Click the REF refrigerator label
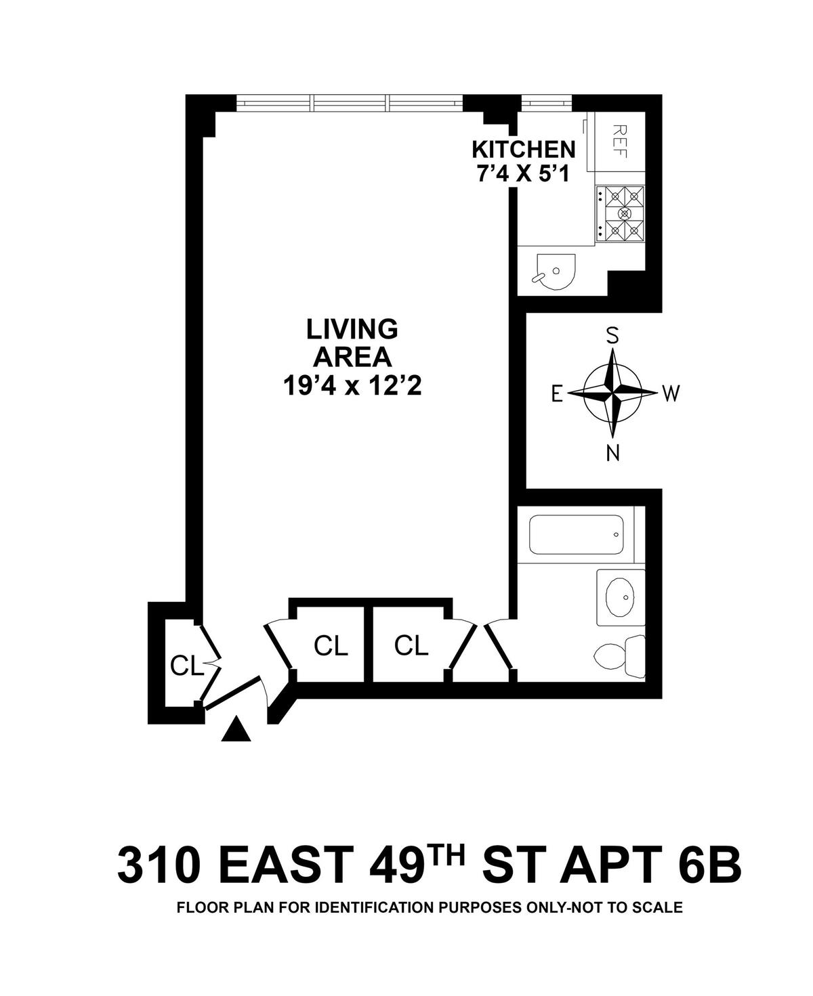(x=619, y=140)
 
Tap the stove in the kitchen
(x=620, y=213)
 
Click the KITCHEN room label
(x=523, y=149)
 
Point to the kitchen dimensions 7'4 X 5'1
(x=522, y=173)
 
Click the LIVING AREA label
(x=352, y=343)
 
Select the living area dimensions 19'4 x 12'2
(x=352, y=387)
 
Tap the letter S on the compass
(x=612, y=335)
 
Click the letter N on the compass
(x=613, y=454)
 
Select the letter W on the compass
(x=670, y=393)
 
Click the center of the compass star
(x=613, y=393)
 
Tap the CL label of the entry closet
(x=187, y=666)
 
